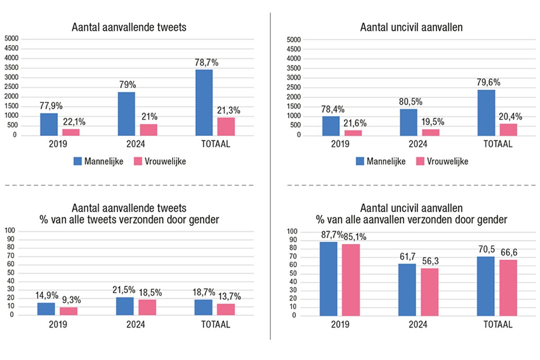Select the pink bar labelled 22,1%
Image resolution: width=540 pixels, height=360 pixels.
tap(71, 132)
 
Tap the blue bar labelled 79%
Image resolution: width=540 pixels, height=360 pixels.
tap(126, 113)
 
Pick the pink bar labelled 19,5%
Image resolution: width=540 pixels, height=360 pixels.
tap(431, 132)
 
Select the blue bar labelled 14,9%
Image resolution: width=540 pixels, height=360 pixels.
tap(46, 309)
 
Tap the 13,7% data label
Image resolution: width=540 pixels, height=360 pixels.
tap(229, 297)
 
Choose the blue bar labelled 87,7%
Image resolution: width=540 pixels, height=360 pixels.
tap(328, 279)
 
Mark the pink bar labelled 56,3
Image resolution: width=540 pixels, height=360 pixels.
tap(430, 292)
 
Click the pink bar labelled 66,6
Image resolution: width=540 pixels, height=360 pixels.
tap(508, 288)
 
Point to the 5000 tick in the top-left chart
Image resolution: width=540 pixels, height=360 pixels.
tap(11, 39)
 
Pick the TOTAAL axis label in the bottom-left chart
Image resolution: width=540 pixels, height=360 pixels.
tap(216, 324)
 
